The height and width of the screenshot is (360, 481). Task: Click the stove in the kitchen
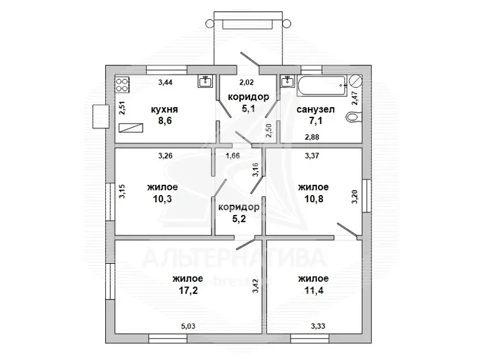122,85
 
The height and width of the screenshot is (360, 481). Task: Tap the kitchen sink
205,81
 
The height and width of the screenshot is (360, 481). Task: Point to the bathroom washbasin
288,81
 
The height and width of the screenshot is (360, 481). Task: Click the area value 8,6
165,121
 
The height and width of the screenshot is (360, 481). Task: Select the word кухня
164,110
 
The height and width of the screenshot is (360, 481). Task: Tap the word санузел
316,110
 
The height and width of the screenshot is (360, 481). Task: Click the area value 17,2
189,290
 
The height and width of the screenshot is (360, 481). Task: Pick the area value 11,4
314,290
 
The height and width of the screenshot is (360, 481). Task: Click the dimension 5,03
188,326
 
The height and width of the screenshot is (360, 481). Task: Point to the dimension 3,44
165,82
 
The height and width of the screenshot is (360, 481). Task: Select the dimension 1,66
233,155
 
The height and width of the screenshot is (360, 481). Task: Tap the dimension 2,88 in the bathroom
312,137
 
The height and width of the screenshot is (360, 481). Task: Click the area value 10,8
314,198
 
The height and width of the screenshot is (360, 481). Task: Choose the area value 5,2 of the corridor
239,219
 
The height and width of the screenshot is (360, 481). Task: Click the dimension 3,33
318,326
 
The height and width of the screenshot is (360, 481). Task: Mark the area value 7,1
316,121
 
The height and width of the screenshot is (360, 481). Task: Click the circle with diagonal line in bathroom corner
356,81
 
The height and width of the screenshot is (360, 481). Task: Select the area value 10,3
163,198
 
